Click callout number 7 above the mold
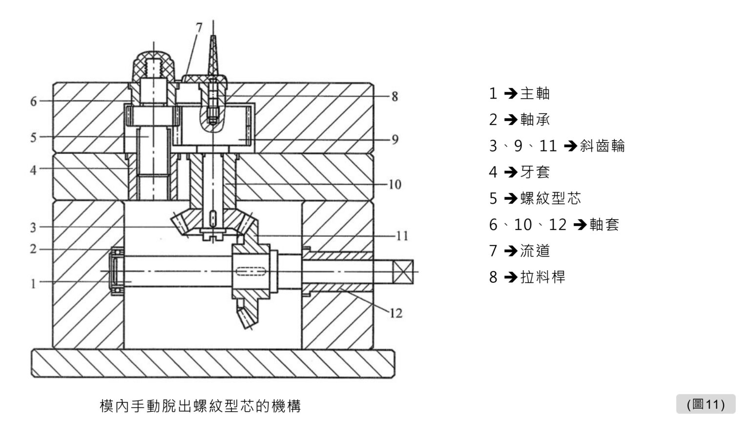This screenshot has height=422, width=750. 198,27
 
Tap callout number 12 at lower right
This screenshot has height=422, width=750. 396,313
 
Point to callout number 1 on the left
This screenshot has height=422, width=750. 33,284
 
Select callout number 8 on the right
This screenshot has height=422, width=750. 395,97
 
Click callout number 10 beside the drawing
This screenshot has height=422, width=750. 395,185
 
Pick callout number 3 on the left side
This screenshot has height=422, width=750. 33,227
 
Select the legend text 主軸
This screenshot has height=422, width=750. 535,93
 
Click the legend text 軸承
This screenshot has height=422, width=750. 535,120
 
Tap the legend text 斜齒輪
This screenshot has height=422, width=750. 603,146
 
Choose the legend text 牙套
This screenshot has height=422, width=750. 535,172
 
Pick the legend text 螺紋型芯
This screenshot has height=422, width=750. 550,199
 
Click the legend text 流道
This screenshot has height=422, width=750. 535,251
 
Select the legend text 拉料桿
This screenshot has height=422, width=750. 542,277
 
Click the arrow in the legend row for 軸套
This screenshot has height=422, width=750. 580,225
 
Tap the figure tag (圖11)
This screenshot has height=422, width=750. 706,404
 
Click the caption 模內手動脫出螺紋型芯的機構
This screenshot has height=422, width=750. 200,406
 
